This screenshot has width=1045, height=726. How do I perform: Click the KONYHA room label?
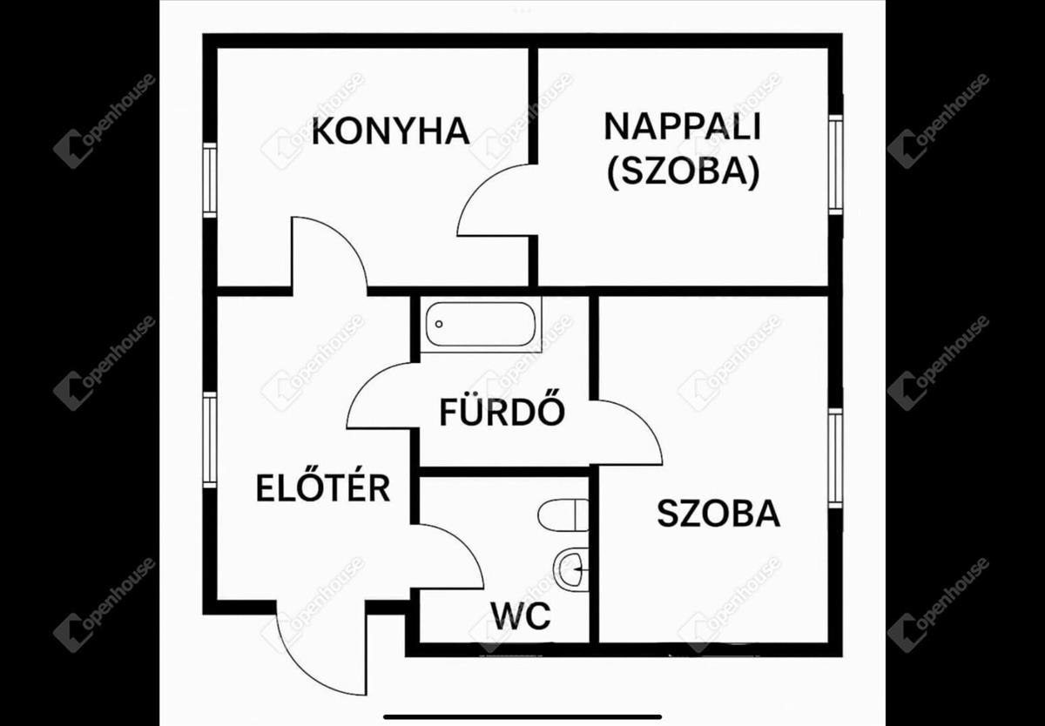(x=390, y=131)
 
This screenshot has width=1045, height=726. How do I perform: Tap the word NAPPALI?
(x=683, y=126)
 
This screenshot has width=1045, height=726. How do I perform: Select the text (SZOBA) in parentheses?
(x=684, y=171)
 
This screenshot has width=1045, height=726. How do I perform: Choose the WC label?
(x=520, y=615)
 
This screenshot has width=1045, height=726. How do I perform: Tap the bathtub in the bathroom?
(x=481, y=324)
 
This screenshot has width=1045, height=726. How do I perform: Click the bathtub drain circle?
(x=439, y=324)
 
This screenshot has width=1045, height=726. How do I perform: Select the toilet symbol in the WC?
(x=563, y=514)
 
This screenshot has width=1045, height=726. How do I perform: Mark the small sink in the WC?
(x=571, y=568)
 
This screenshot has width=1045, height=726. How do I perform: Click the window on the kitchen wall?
(x=210, y=180)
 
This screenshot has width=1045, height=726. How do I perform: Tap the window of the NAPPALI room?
(x=835, y=165)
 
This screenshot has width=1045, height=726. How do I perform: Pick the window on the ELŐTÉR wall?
(x=210, y=440)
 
